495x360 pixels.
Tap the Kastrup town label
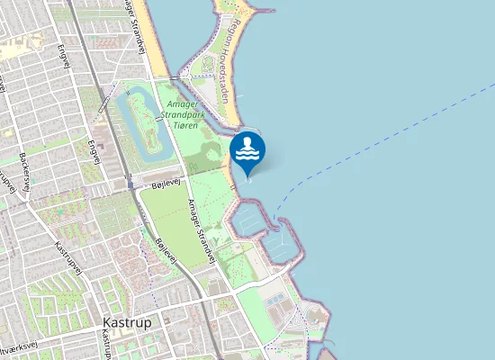(127, 322)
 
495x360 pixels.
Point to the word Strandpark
(190, 115)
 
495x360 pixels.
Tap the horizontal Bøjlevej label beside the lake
(166, 184)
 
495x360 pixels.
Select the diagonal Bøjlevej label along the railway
(165, 250)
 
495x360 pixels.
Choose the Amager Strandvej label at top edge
(135, 22)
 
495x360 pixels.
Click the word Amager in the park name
(184, 104)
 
